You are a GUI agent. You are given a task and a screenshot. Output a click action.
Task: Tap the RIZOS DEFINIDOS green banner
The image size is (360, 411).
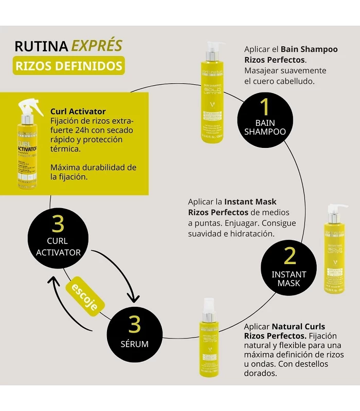(x=68, y=66)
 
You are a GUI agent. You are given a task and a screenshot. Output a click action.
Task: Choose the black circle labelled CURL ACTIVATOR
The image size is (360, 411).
(x=58, y=237)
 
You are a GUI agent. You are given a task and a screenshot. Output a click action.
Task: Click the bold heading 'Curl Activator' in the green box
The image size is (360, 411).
(x=78, y=111)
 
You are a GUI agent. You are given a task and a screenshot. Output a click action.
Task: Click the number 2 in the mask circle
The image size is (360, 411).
(x=290, y=255)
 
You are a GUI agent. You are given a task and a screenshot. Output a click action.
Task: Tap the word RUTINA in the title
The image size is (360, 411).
(x=41, y=46)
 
